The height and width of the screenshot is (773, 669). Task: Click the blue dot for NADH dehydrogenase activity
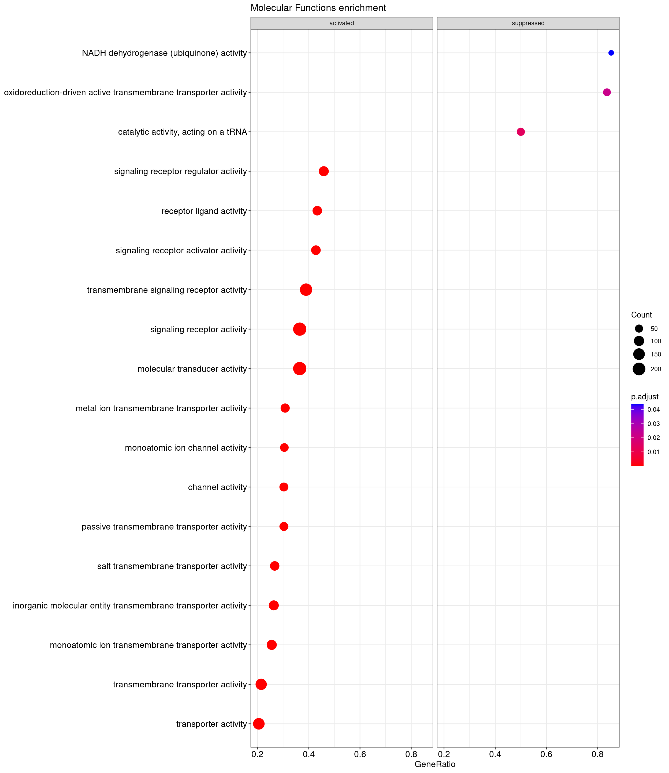pos(611,53)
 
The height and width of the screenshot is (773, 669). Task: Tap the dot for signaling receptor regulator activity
pos(324,171)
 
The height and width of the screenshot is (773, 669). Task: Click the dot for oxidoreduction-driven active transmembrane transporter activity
pos(607,92)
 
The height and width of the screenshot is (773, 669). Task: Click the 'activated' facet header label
pos(341,23)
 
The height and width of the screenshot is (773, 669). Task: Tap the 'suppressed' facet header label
pos(528,23)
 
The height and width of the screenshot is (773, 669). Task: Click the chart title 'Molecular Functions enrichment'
pos(318,8)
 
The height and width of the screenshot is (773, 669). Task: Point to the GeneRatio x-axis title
pos(435,764)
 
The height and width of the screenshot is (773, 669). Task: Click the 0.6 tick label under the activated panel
pos(360,754)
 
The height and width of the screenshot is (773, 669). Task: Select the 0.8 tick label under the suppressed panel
pos(597,754)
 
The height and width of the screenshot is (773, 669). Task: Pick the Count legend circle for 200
pos(639,369)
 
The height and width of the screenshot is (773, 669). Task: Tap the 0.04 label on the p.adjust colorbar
pos(654,410)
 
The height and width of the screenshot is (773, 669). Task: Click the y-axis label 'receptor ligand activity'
pos(204,211)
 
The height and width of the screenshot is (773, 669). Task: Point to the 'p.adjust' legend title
pos(645,397)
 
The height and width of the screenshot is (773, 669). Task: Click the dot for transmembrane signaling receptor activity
pos(306,290)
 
